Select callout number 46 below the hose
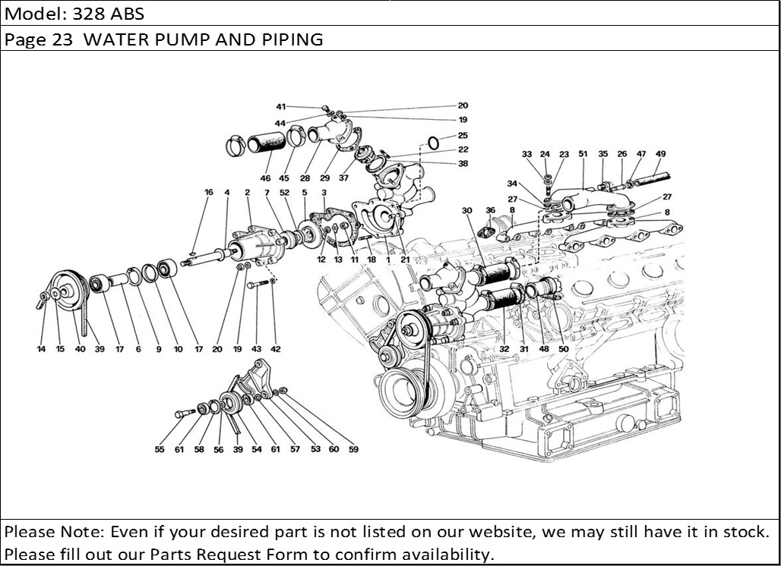click(265, 178)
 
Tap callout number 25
click(463, 135)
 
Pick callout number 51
click(583, 154)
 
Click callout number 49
click(660, 154)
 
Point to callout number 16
click(208, 193)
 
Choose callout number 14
click(41, 349)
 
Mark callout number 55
click(160, 449)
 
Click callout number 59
click(353, 449)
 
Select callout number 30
click(466, 210)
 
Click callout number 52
click(285, 193)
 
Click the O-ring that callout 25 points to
click(432, 143)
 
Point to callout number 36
click(490, 210)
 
